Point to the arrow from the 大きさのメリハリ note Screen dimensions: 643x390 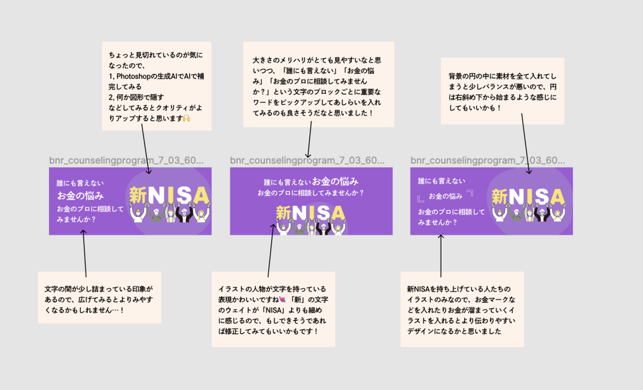click(309, 141)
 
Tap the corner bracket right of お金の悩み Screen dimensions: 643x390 click(470, 193)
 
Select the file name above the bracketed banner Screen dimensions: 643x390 click(488, 160)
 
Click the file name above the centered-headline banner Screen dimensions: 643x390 click(307, 160)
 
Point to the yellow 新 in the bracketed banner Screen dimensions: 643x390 click(500, 196)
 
